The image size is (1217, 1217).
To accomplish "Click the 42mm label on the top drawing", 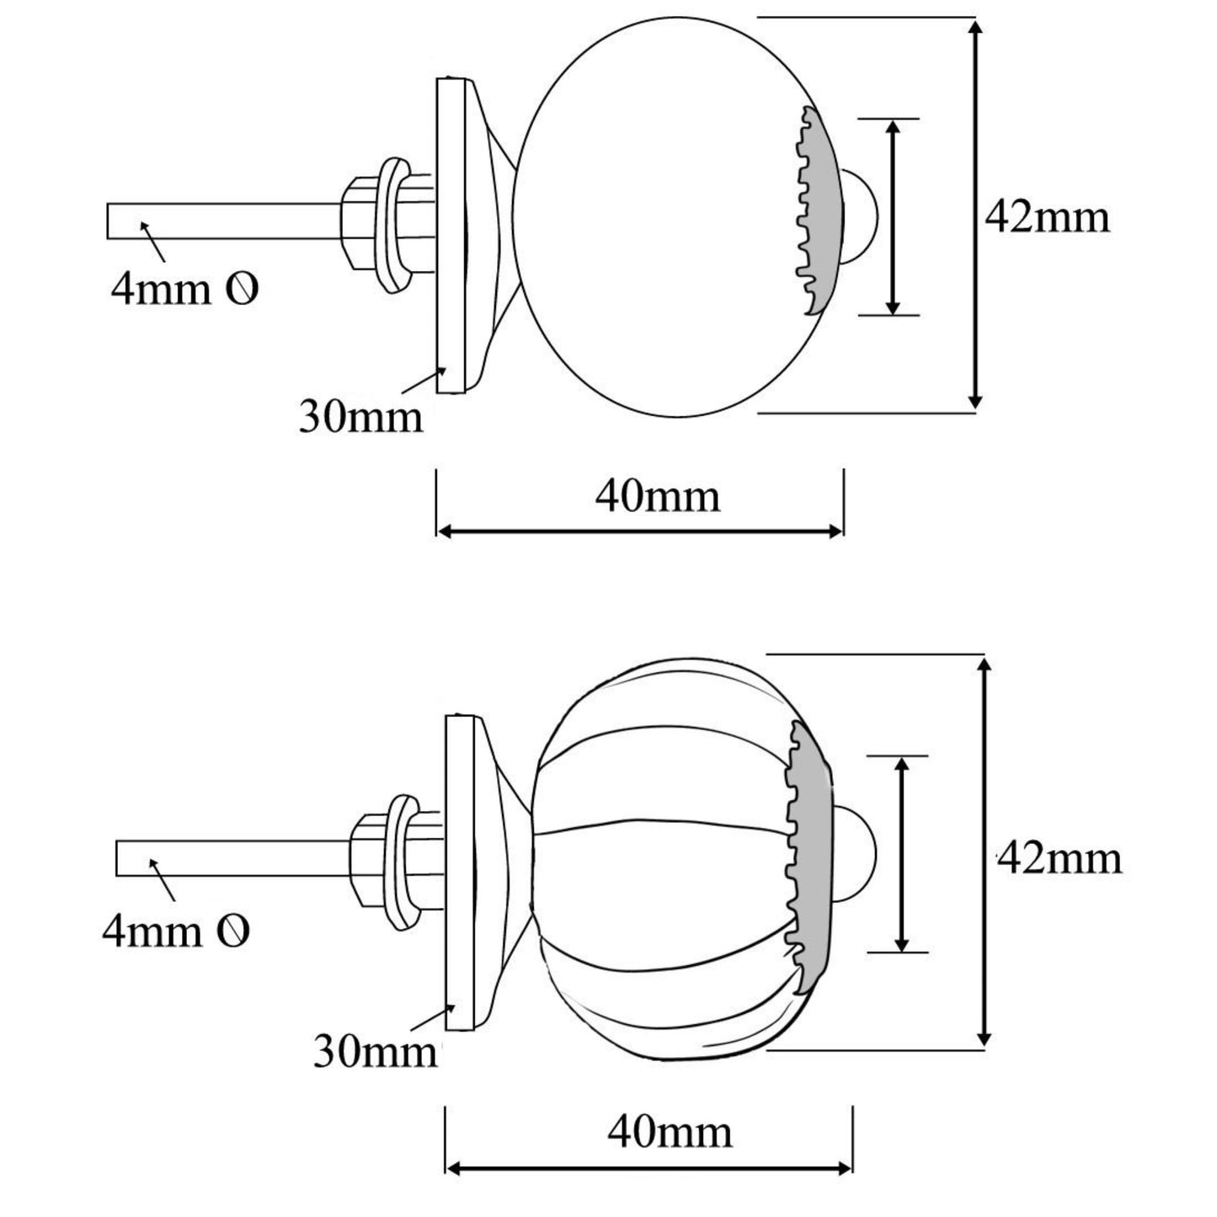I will [1047, 217].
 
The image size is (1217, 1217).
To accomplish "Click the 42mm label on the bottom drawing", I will [1060, 859].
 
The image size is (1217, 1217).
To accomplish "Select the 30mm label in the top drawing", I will [360, 417].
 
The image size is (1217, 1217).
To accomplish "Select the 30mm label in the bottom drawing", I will [376, 1050].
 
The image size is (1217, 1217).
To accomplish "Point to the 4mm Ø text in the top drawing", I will [184, 290].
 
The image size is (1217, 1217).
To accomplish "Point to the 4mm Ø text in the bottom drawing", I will [176, 931].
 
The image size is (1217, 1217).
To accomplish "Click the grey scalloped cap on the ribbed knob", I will [814, 851].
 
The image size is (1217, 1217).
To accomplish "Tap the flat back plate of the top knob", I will [451, 236].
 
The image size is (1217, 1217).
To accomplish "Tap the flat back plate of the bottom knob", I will [460, 872].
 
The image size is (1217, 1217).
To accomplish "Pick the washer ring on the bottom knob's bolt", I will [403, 859].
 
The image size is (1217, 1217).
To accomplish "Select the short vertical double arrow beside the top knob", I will [893, 216].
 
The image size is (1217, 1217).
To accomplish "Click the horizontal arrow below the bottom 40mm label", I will [649, 1168].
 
